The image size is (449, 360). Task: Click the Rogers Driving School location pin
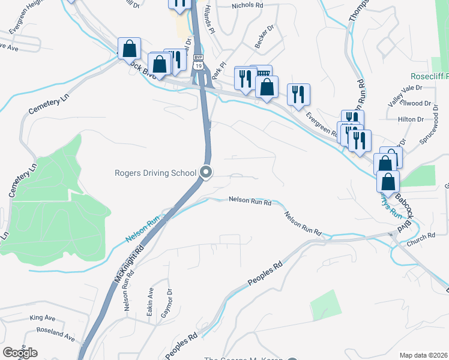point(206,173)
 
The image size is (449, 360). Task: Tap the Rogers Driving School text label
point(155,173)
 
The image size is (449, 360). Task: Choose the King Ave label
point(42,318)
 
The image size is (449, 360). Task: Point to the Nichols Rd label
point(247,5)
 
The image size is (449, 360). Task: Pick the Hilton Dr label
point(411,119)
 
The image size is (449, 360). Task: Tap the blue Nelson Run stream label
point(140,230)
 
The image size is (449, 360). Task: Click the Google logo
point(20,352)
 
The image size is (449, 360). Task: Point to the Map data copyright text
point(423,355)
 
